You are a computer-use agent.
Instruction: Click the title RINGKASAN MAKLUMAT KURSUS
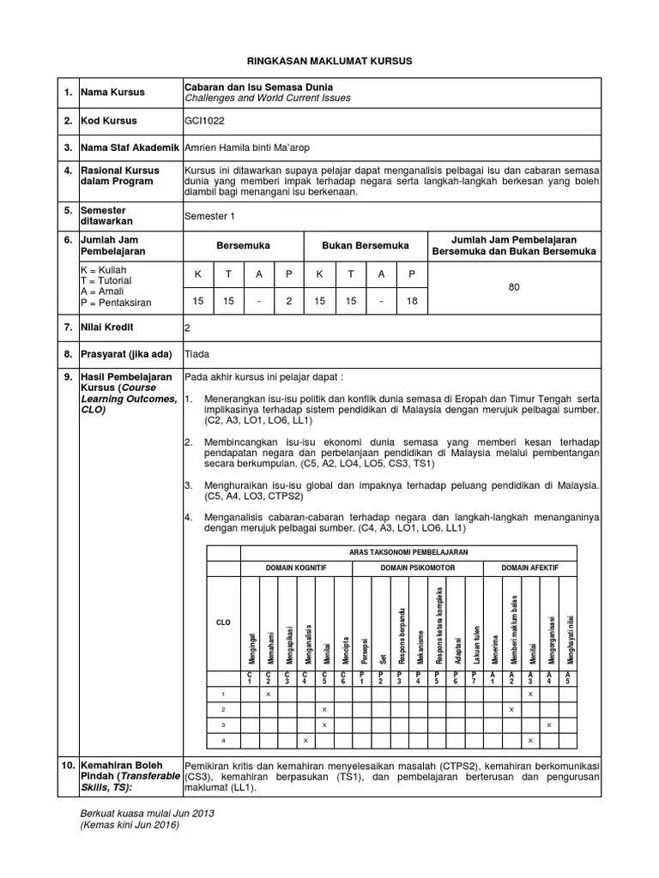point(330,62)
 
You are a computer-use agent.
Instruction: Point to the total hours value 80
point(514,287)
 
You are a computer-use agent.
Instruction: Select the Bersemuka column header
point(243,245)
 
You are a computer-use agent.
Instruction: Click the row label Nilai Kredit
point(108,327)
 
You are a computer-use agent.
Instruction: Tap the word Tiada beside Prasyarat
point(197,353)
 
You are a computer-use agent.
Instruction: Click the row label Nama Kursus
point(112,92)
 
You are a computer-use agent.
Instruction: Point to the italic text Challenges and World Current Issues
point(268,98)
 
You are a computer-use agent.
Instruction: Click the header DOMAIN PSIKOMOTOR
point(417,568)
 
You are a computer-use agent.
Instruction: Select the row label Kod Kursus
point(109,121)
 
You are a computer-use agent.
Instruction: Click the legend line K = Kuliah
point(102,270)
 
